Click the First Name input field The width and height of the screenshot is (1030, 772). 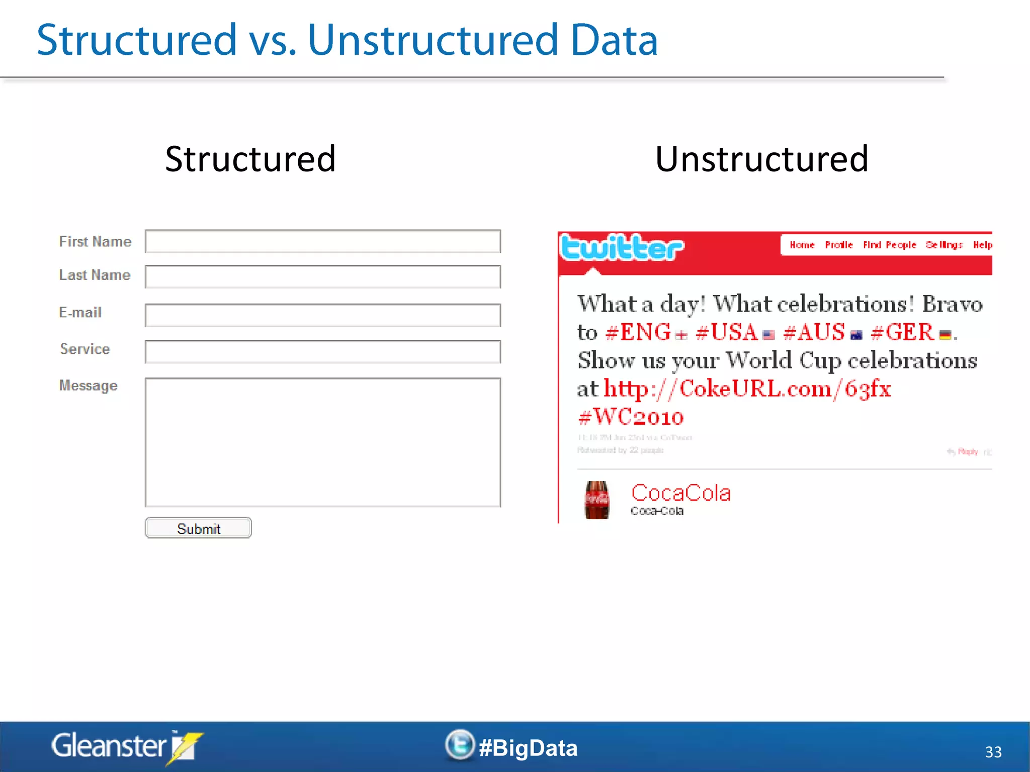322,241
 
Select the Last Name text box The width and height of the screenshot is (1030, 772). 322,276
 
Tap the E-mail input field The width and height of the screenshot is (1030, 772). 322,315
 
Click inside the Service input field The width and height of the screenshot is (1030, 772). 322,351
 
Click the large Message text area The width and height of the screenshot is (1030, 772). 322,442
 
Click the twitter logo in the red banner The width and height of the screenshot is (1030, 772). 622,247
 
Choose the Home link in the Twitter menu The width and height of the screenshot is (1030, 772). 802,245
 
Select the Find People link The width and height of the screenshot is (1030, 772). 889,245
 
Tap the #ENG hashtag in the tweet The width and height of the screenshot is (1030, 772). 638,332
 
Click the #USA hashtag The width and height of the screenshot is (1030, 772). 727,332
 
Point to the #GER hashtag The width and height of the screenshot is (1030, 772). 902,332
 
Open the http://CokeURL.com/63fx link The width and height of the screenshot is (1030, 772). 747,389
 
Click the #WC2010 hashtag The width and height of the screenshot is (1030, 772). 631,417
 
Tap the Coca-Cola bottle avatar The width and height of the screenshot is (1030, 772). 597,500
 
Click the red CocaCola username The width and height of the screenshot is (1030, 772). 680,493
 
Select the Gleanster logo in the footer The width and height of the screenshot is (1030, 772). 126,746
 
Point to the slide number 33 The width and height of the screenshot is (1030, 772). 993,752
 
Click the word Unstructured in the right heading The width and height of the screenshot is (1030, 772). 761,159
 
